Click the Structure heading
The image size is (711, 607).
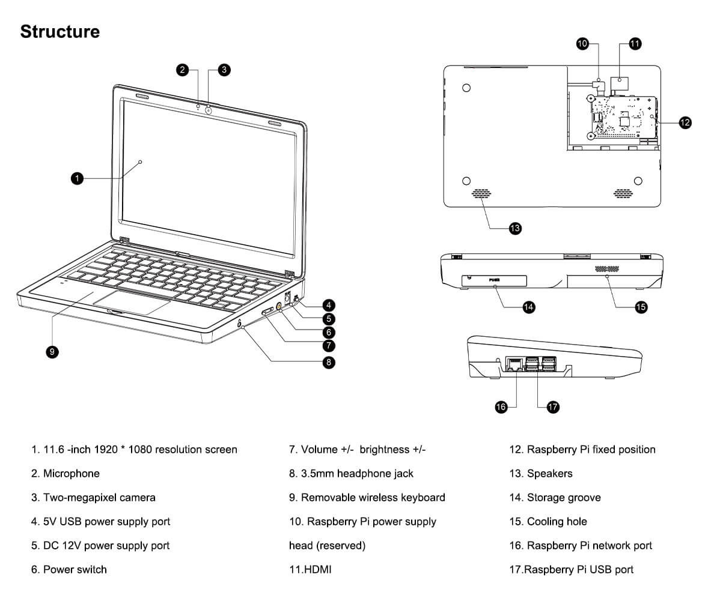tap(60, 31)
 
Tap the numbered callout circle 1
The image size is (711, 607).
tap(76, 178)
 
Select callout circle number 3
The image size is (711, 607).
tap(224, 70)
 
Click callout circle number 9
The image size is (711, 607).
tap(52, 352)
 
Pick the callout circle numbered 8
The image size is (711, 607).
tap(329, 361)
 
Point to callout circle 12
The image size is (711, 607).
tap(685, 122)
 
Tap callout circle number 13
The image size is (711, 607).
tap(515, 228)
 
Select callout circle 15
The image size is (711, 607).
tap(641, 307)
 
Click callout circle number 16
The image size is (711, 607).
tap(501, 407)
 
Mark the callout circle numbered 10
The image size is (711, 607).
tap(582, 43)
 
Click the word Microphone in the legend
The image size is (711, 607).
tap(71, 474)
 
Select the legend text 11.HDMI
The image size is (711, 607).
tap(310, 569)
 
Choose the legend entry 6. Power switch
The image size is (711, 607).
tap(69, 569)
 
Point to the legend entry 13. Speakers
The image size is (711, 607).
tap(540, 474)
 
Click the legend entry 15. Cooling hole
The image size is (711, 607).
tap(548, 521)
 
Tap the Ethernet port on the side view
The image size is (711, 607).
tap(514, 364)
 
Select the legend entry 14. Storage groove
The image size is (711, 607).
tap(554, 497)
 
